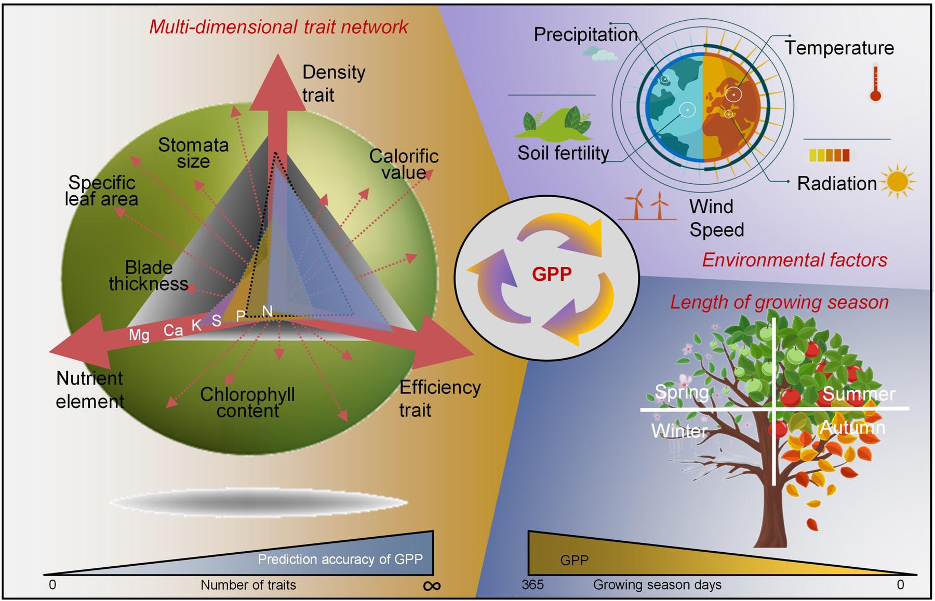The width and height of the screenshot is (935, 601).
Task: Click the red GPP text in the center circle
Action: [x=552, y=274]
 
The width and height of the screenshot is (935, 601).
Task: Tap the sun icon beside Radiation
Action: [x=898, y=182]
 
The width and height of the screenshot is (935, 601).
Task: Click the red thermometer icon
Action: [x=876, y=84]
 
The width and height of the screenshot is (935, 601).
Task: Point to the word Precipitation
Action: [x=585, y=35]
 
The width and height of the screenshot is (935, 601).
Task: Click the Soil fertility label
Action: [x=563, y=153]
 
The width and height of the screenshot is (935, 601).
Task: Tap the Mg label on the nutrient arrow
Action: [x=139, y=335]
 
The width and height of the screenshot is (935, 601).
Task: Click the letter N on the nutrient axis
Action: [x=267, y=311]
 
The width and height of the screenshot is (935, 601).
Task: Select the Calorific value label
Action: [x=404, y=164]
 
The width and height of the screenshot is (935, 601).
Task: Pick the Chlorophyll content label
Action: [x=248, y=403]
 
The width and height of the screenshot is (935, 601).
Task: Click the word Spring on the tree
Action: [x=682, y=392]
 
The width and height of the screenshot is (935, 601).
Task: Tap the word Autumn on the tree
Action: [x=852, y=428]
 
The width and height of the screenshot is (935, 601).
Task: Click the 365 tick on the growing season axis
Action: [x=532, y=585]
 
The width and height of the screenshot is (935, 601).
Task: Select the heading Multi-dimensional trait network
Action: [x=278, y=27]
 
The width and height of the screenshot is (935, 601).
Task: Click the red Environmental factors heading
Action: [x=794, y=260]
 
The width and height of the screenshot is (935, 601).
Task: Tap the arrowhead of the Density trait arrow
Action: [x=277, y=83]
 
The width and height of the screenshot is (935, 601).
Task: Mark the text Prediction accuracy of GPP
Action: [x=340, y=559]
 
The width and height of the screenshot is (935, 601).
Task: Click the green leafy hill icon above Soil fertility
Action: [x=553, y=124]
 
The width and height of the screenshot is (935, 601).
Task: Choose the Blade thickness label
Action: [x=149, y=276]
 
